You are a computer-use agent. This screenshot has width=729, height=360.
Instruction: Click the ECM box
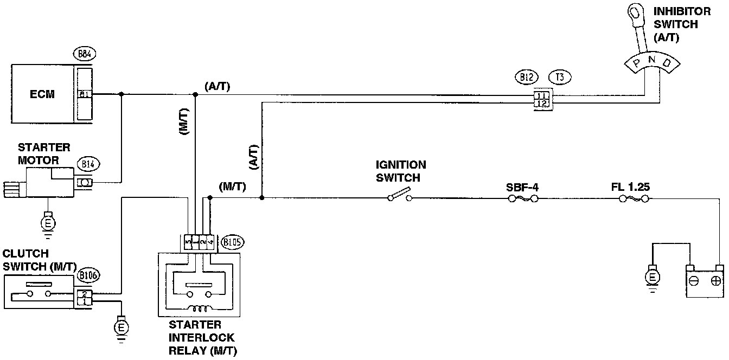coord(42,94)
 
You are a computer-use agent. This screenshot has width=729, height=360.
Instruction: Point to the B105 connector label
coord(233,242)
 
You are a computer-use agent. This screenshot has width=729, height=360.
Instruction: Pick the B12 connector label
coord(525,77)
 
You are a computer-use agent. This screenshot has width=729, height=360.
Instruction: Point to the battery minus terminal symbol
coord(693,281)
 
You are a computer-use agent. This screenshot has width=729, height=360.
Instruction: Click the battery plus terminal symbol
coord(716,281)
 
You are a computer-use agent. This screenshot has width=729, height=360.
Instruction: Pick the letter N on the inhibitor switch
coord(653,58)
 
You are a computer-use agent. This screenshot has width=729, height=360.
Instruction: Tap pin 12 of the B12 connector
coord(541,103)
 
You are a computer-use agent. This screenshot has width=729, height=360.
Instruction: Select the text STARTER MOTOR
coord(44,154)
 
